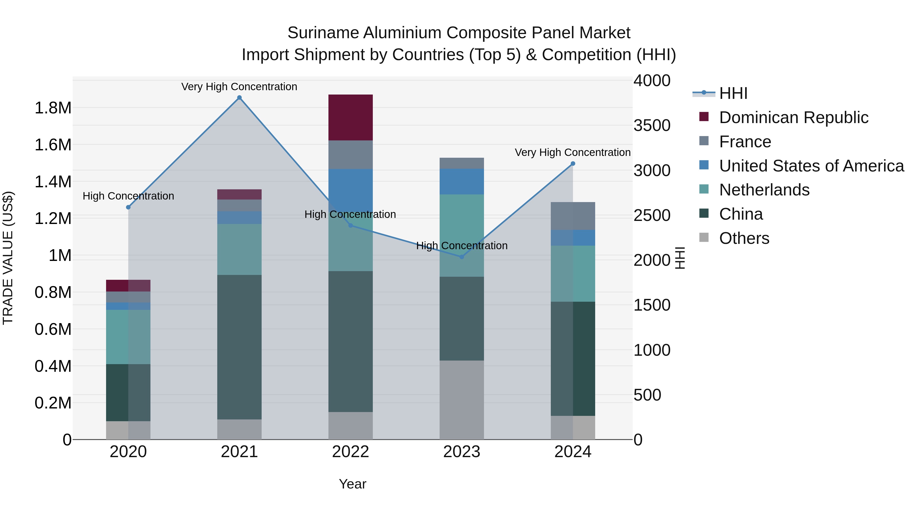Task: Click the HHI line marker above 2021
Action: [239, 98]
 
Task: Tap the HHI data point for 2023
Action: [462, 257]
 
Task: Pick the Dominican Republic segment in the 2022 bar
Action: [350, 117]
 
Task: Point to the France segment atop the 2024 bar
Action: [573, 216]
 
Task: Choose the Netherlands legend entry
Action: [764, 190]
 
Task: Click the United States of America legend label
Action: [811, 166]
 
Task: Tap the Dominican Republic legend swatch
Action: [704, 117]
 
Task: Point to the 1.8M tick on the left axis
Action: [53, 108]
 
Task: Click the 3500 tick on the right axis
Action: [652, 125]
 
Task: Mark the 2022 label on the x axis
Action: [350, 452]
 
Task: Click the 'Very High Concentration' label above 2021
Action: [239, 87]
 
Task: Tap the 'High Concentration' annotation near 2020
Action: [128, 196]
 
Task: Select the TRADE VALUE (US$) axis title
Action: [8, 258]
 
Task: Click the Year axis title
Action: [352, 484]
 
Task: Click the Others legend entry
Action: [744, 238]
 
